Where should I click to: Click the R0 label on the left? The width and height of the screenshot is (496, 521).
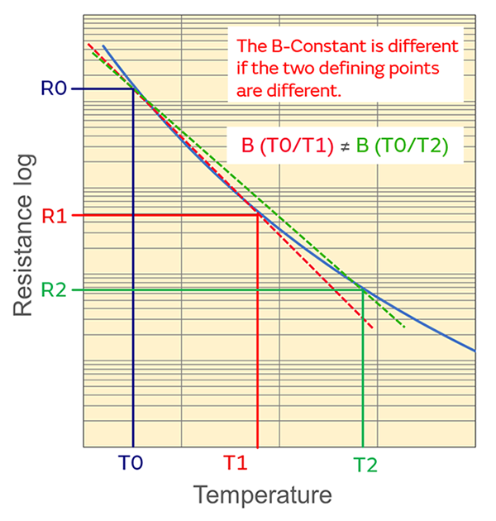(x=53, y=88)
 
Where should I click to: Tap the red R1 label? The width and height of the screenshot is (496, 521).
(x=53, y=216)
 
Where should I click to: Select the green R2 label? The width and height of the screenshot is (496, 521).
(x=53, y=290)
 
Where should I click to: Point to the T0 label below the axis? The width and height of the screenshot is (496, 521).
(x=131, y=463)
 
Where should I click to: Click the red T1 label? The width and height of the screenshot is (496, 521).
(x=237, y=463)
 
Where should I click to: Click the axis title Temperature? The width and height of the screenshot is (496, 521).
(x=262, y=495)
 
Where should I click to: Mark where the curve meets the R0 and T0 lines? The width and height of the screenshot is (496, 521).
(x=134, y=88)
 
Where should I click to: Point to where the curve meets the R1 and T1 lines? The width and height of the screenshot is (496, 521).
(x=258, y=215)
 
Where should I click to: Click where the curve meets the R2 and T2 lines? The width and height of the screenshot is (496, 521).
(x=363, y=289)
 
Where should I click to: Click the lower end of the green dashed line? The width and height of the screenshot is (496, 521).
(x=404, y=327)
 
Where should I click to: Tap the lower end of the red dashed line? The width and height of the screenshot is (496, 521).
(x=373, y=329)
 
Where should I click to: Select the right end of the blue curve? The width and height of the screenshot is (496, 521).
(x=475, y=351)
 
